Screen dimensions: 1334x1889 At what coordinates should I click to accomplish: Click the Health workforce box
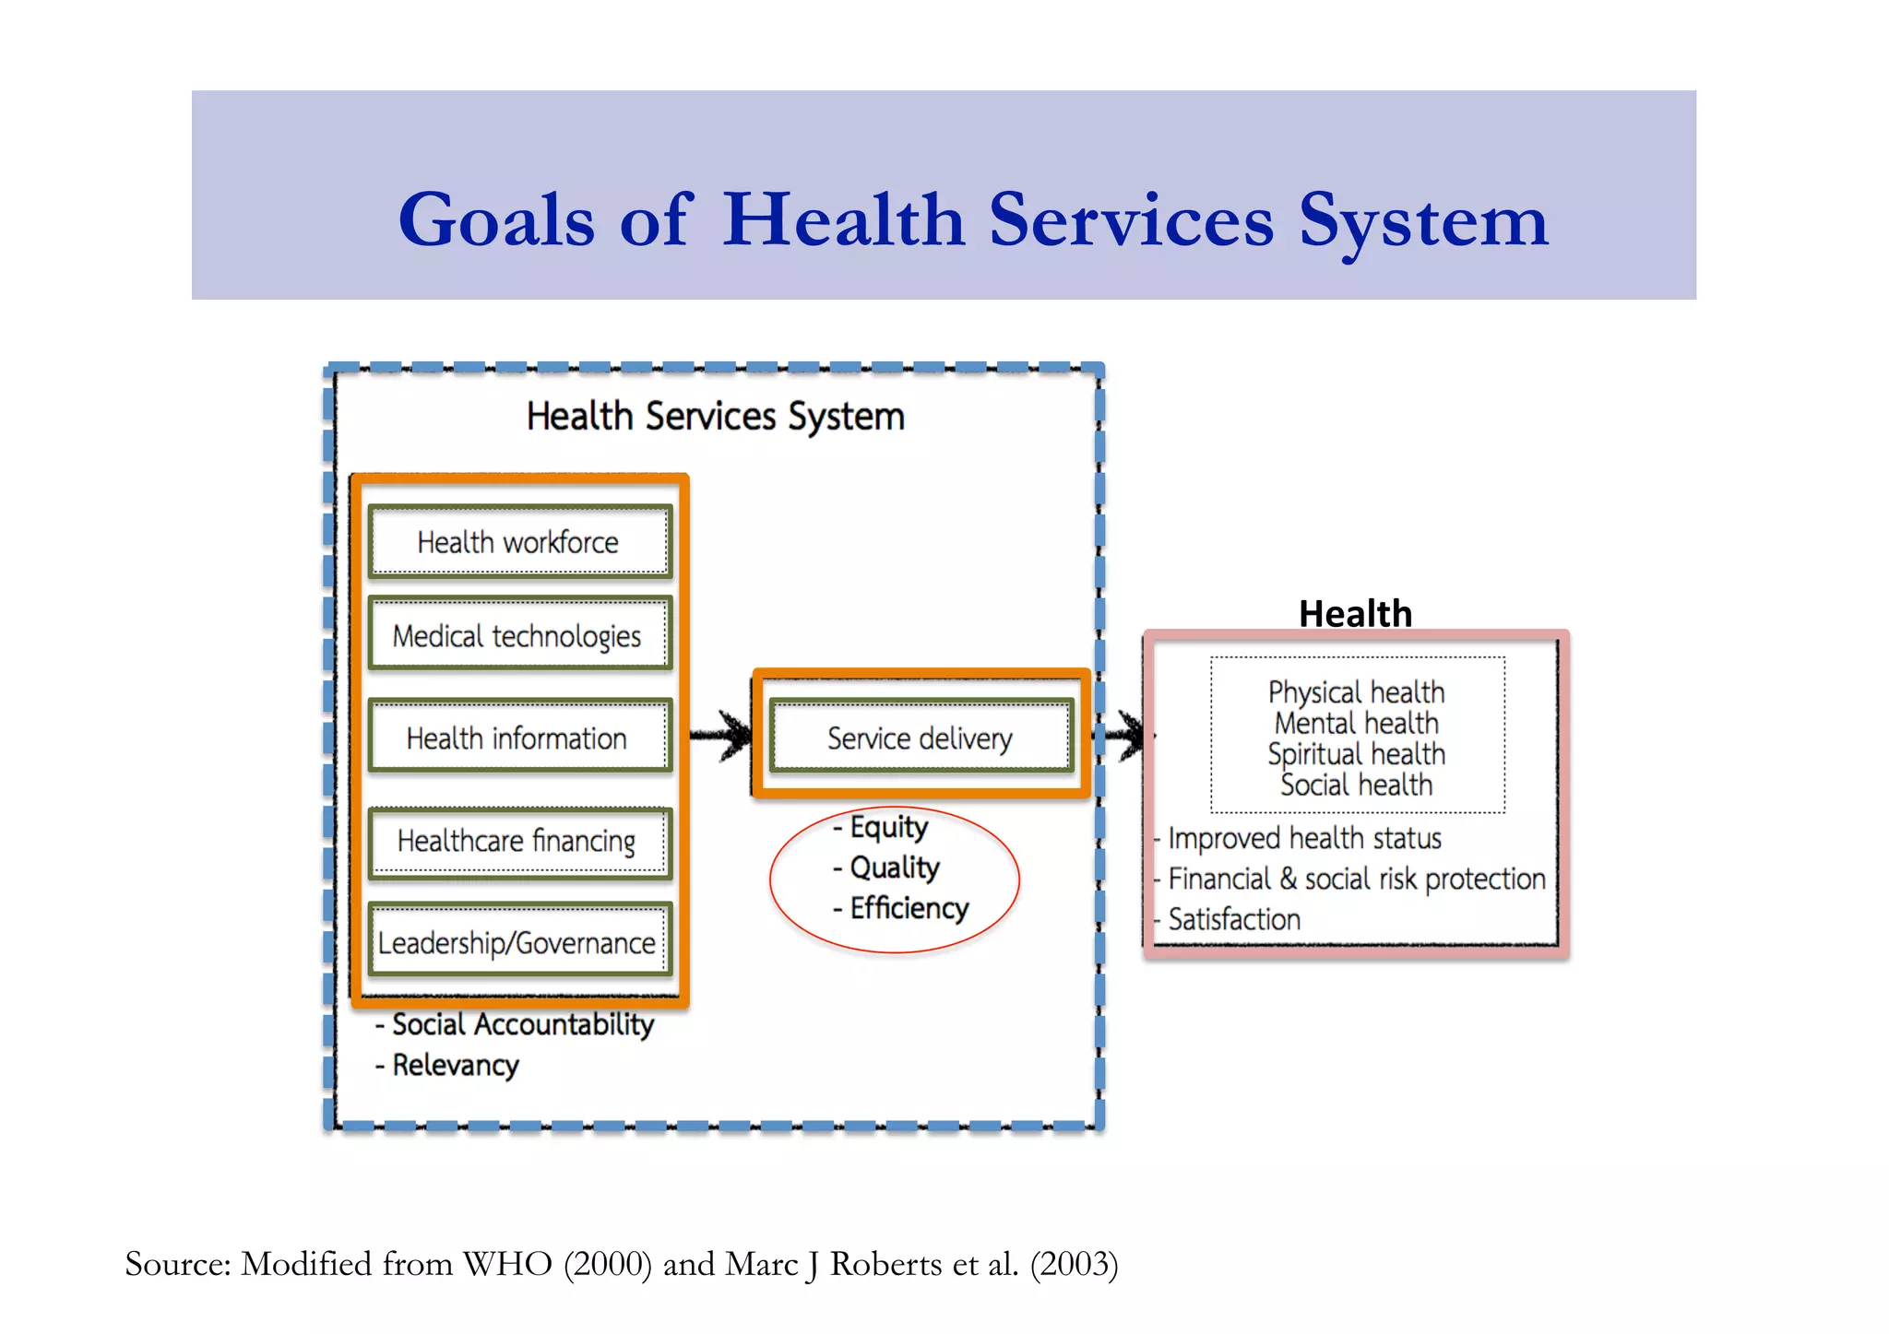(519, 542)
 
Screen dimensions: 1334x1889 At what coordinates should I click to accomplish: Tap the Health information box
(519, 738)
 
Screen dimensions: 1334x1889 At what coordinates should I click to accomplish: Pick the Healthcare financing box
(519, 841)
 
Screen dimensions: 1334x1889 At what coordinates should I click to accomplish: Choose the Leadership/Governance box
(519, 942)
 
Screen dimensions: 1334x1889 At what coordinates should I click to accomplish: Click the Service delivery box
(921, 738)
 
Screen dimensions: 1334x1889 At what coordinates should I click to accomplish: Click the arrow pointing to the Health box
(1122, 735)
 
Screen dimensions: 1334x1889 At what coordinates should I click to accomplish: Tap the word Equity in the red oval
(888, 827)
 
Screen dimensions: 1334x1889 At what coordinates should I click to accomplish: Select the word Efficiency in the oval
(909, 908)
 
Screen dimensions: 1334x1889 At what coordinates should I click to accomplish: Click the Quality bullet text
(894, 868)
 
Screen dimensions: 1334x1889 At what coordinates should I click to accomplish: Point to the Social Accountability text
(522, 1024)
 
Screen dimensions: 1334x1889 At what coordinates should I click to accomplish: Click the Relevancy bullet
(455, 1065)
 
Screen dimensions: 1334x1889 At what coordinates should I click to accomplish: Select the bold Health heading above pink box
(1355, 613)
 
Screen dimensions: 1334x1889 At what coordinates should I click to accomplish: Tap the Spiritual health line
(1356, 754)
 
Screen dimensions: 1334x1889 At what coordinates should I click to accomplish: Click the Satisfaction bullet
(1233, 919)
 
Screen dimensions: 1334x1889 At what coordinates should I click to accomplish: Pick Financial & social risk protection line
(1356, 879)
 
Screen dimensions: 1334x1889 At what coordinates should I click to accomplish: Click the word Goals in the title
(496, 220)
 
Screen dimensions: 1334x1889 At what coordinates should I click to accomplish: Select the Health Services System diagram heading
(715, 417)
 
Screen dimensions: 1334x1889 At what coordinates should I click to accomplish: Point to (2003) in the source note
(1074, 1264)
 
